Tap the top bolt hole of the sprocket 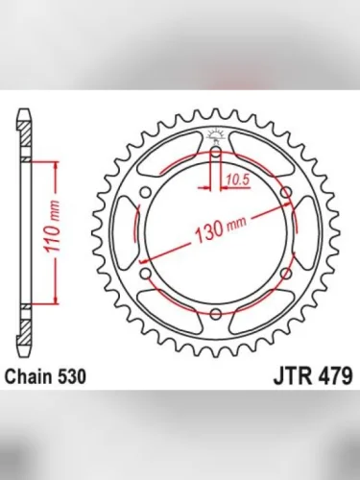[x=215, y=150]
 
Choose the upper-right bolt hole [x=286, y=191]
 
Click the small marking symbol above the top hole [x=215, y=134]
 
